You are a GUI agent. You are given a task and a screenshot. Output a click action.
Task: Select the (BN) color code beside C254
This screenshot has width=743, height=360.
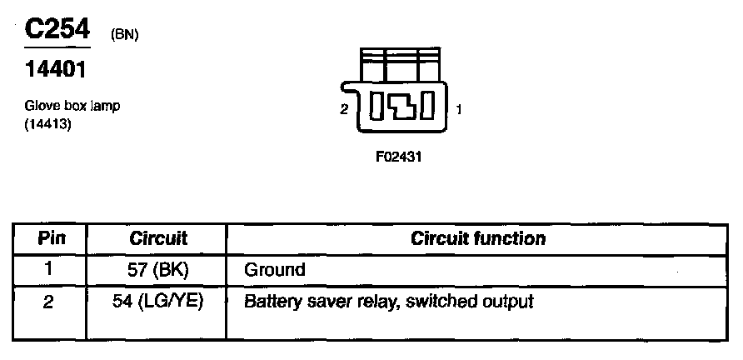[x=123, y=34]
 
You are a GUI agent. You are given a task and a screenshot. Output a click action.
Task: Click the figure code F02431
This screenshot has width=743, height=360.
[x=398, y=156]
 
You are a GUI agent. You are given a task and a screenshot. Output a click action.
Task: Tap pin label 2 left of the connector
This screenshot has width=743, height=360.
[x=344, y=109]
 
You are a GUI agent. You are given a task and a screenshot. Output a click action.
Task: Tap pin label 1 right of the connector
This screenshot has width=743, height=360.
[x=459, y=109]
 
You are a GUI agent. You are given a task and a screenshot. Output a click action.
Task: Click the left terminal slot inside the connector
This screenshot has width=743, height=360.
[x=376, y=107]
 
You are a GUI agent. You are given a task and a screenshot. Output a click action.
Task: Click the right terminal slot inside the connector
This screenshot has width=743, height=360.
[x=426, y=107]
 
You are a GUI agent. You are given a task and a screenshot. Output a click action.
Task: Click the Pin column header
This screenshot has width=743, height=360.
[x=49, y=239]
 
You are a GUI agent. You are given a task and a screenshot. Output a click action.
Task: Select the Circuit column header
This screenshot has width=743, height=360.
[x=158, y=239]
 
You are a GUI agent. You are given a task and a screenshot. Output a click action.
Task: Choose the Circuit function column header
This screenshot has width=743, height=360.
[x=478, y=239]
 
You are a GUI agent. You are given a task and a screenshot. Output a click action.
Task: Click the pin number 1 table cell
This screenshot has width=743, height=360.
[x=49, y=270]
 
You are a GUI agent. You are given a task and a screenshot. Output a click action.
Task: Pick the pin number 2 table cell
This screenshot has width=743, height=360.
[x=49, y=301]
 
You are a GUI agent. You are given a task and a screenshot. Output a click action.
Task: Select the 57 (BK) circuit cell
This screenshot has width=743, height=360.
[x=158, y=270]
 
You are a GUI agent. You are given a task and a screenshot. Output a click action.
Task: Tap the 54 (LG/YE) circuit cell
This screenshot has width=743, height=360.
[x=158, y=301]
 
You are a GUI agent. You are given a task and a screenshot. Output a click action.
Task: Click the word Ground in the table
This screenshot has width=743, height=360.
[x=274, y=270]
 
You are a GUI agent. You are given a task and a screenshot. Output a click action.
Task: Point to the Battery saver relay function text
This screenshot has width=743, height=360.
[x=387, y=301]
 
